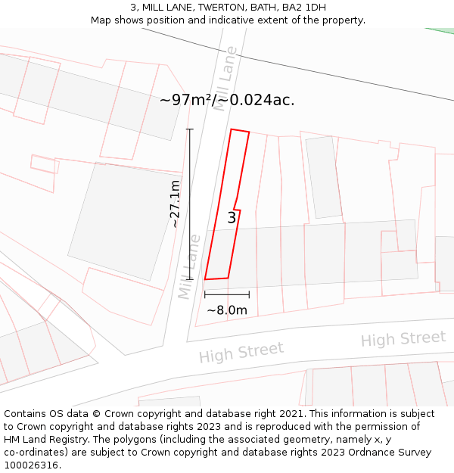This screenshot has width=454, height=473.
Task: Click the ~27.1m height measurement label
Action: coord(176,204)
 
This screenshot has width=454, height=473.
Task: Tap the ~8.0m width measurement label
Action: coord(227,310)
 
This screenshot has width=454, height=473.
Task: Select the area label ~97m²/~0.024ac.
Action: coord(227,100)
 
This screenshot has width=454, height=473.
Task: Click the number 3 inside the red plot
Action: coord(232,218)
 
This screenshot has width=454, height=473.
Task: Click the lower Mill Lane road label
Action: coord(189,266)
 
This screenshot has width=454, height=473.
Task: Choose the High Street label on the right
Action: coord(403,339)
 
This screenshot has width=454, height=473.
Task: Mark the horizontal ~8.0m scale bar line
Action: coord(227,294)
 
